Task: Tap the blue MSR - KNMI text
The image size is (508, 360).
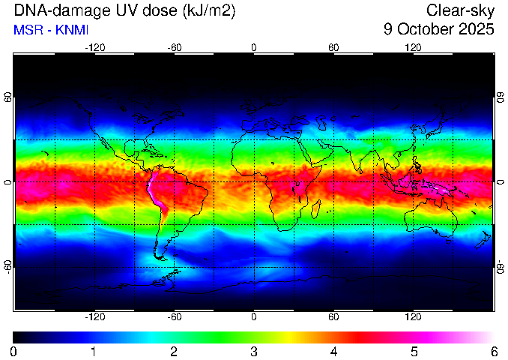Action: (51, 30)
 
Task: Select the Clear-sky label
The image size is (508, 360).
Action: (460, 10)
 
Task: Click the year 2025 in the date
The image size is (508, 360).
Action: (477, 29)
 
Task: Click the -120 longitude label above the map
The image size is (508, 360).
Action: (95, 48)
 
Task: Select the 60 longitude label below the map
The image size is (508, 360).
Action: (333, 316)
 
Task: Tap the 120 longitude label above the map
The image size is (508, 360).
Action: (413, 48)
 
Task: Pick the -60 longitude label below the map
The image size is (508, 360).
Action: (175, 316)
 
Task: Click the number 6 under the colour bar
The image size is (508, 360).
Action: (494, 352)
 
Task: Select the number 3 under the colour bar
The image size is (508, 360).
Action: (254, 352)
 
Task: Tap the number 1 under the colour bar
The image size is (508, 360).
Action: (94, 352)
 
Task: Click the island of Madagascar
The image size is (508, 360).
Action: (316, 209)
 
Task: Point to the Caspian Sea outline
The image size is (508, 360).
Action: (321, 122)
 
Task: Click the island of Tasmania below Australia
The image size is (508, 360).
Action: (448, 241)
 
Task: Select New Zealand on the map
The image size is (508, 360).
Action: (483, 240)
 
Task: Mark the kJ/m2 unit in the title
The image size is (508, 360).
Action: (209, 11)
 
